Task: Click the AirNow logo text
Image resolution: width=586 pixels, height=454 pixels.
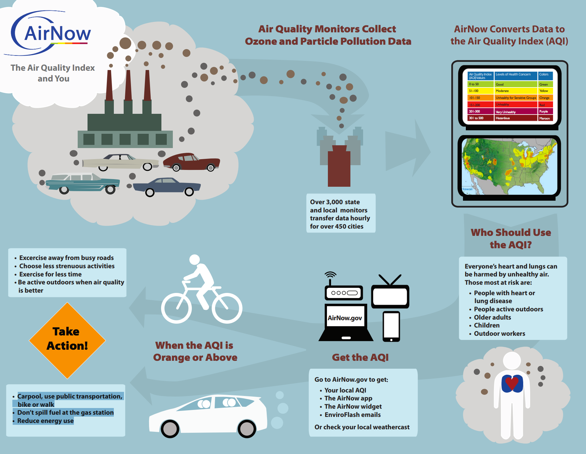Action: tap(57, 33)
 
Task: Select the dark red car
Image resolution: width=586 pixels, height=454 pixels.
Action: tap(192, 162)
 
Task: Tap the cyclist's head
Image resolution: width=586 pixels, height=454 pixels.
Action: tap(194, 259)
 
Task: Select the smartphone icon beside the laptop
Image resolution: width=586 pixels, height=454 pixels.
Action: tap(391, 326)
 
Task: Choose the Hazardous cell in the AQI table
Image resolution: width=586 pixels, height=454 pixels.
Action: tap(516, 118)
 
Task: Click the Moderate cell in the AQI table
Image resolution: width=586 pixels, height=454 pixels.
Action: tap(516, 91)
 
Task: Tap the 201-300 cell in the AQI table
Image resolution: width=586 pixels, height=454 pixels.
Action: tap(481, 112)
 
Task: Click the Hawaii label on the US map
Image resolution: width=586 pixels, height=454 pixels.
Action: tap(467, 189)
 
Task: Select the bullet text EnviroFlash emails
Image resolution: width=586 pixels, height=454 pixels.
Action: tap(352, 415)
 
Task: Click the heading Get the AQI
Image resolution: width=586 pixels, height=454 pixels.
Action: tap(360, 357)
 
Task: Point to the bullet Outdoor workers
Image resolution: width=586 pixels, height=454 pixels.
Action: tap(499, 334)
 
